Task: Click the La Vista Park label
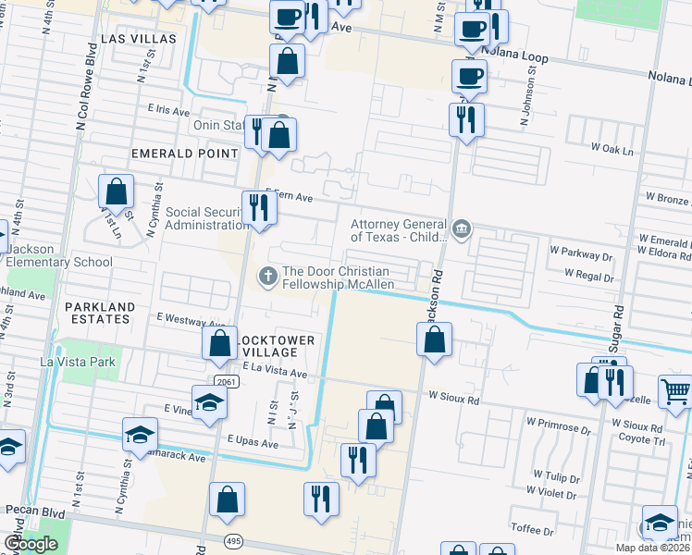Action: pos(77,362)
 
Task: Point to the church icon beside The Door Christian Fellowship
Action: pos(268,276)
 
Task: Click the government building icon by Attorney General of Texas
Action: pos(460,228)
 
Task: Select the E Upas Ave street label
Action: pos(252,443)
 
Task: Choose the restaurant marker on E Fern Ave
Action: pos(258,207)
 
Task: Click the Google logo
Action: pos(31,544)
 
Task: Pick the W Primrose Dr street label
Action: pos(563,429)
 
